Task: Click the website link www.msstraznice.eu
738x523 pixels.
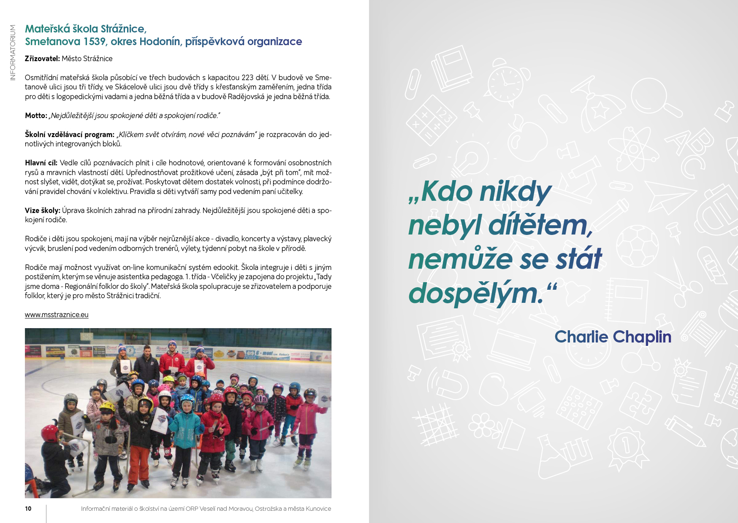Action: [57, 315]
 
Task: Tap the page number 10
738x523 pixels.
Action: [28, 509]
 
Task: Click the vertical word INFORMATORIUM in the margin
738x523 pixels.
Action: [13, 52]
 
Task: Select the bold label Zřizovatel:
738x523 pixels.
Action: [42, 59]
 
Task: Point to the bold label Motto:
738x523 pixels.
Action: [36, 116]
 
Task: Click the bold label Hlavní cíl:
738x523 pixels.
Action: [41, 163]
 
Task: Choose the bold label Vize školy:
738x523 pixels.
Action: [42, 210]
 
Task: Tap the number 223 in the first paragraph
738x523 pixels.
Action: [247, 78]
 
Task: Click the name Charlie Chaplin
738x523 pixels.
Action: [613, 337]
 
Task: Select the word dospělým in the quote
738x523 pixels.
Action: [475, 293]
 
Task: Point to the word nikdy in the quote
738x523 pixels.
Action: [515, 192]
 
